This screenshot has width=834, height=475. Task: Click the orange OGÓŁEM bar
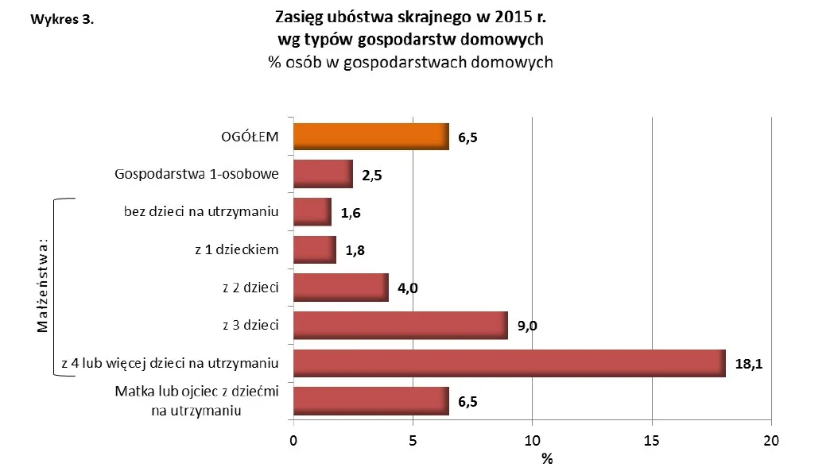coord(371,137)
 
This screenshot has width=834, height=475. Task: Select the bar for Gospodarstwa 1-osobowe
coord(323,174)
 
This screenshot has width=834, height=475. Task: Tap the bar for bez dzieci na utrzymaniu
coord(312,212)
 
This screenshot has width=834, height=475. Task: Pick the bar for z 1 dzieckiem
coord(315,249)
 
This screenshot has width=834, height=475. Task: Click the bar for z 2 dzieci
coord(341,288)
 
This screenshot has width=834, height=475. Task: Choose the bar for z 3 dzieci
coord(401,325)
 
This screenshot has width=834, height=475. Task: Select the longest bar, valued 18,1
coord(509,363)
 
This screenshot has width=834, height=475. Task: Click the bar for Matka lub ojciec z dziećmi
coord(371,400)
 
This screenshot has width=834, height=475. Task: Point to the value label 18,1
coord(749,365)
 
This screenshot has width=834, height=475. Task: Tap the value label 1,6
coord(350,213)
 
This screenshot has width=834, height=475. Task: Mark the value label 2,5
coord(371,176)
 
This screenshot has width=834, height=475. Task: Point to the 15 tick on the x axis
coord(652,441)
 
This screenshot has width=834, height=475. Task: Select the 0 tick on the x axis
coord(294,441)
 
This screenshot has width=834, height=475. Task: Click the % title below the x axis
coord(546,459)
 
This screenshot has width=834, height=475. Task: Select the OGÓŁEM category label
coord(250,137)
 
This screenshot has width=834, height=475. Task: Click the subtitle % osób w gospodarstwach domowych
coord(410,62)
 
